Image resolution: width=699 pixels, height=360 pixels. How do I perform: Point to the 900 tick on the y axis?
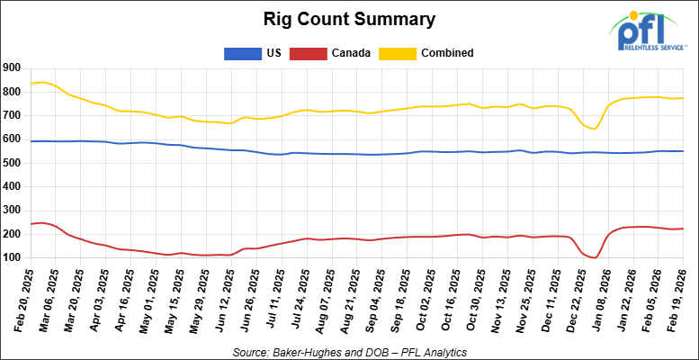pos(12,67)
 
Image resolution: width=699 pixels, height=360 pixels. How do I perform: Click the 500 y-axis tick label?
pos(12,163)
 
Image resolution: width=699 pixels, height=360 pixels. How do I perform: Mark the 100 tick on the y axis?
pos(12,258)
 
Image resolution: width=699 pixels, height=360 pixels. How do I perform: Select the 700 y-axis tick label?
pos(12,115)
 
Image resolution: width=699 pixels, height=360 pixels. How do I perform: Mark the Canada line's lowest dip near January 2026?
pos(595,257)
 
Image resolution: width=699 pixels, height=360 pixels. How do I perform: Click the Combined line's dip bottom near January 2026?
pos(595,128)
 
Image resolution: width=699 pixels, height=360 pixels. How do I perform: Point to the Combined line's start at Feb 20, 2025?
pos(31,84)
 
